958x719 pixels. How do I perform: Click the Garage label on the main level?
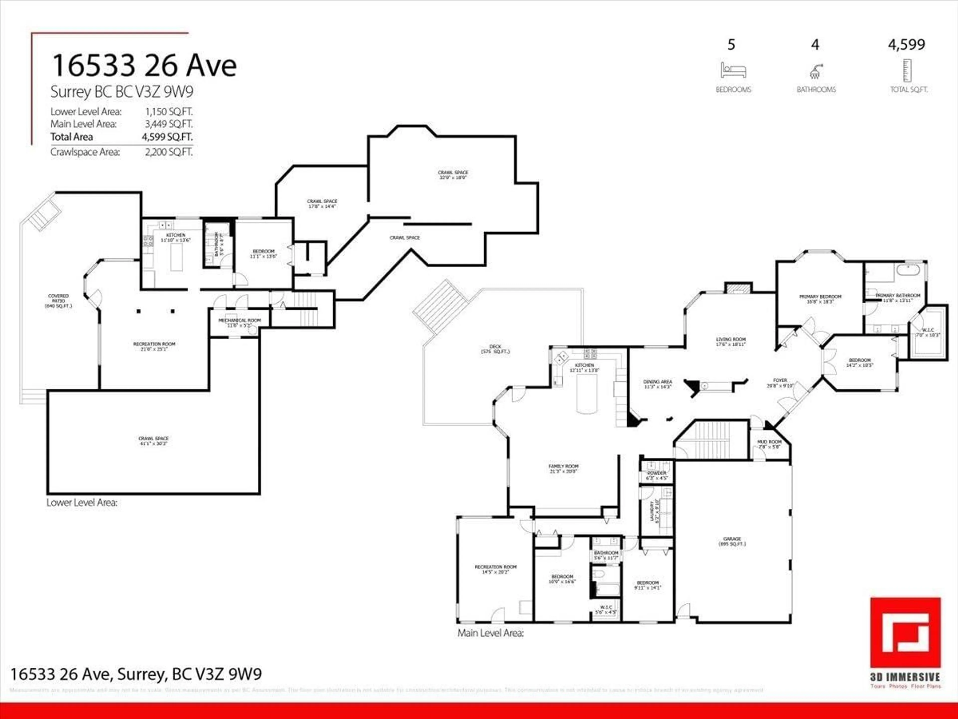tap(732, 541)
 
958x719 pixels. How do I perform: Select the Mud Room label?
tap(769, 444)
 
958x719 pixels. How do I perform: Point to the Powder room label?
tap(657, 475)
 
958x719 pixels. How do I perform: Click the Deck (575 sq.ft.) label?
tap(495, 349)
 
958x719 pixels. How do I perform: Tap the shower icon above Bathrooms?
tap(816, 71)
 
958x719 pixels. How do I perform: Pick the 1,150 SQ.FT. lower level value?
tap(168, 112)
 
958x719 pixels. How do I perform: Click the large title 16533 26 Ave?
tap(144, 66)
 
